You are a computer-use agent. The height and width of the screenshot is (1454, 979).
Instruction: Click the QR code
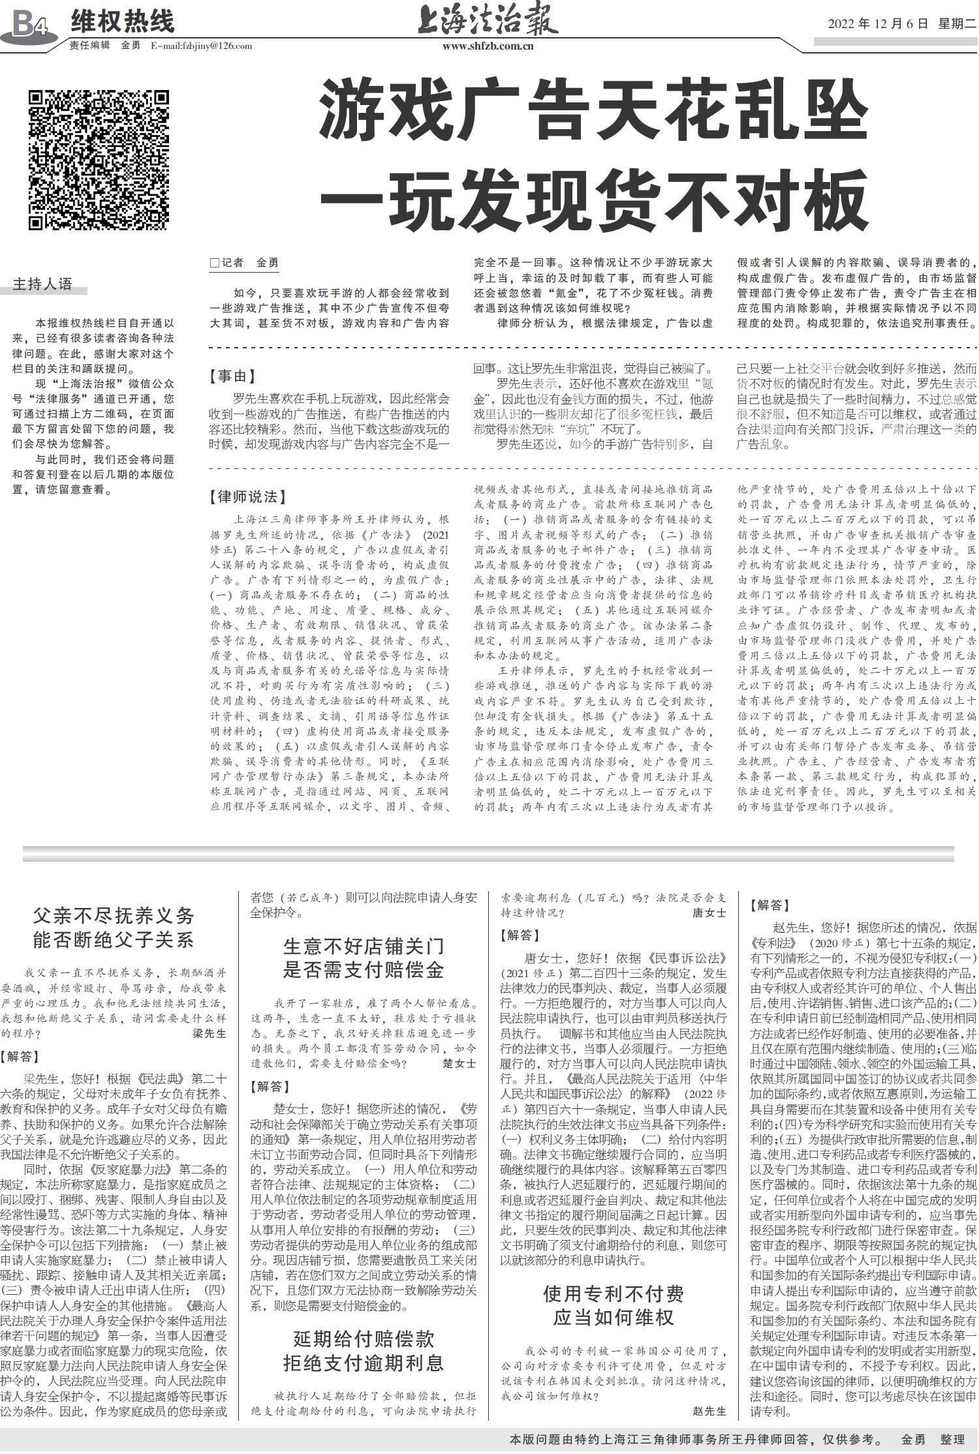pos(99,160)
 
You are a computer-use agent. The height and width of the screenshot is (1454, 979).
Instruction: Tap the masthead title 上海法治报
pos(488,22)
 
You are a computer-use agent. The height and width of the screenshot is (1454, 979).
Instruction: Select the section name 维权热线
pos(123,22)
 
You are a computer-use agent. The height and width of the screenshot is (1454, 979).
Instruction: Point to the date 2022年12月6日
pos(878,24)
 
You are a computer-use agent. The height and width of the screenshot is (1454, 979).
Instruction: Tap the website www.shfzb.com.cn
pos(488,46)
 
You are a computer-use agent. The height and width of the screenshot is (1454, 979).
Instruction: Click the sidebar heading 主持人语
pos(43,284)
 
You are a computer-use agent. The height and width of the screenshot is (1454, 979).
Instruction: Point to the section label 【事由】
pos(232,376)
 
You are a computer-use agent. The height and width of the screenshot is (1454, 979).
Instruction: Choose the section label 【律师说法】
pos(248,496)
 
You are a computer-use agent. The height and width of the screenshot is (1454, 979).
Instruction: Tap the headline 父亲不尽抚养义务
pos(114,916)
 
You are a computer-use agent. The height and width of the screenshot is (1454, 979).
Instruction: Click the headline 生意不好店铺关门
pos(364,946)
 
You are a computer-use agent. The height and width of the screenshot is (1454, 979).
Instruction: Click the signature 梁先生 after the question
pos(210,1033)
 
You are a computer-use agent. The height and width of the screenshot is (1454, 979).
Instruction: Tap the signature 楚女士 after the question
pos(458,1063)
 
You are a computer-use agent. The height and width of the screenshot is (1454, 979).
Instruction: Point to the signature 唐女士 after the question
pos(709,913)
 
